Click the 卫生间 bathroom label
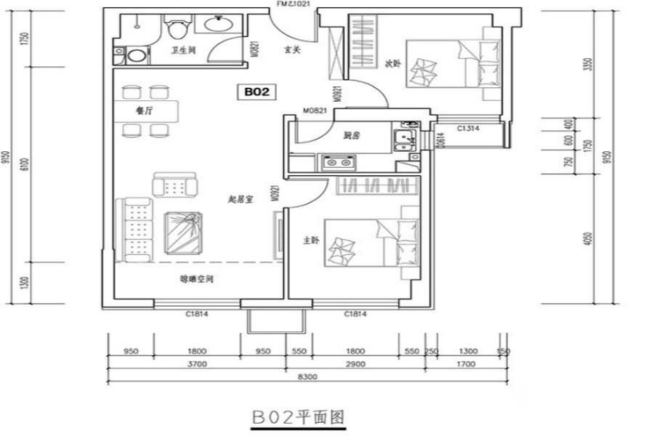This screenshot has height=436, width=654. point(182,51)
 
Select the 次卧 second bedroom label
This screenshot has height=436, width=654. point(393,64)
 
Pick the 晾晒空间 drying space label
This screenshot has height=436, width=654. point(197,278)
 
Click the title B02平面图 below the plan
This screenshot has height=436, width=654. point(296,418)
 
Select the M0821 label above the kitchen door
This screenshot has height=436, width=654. point(315,111)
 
